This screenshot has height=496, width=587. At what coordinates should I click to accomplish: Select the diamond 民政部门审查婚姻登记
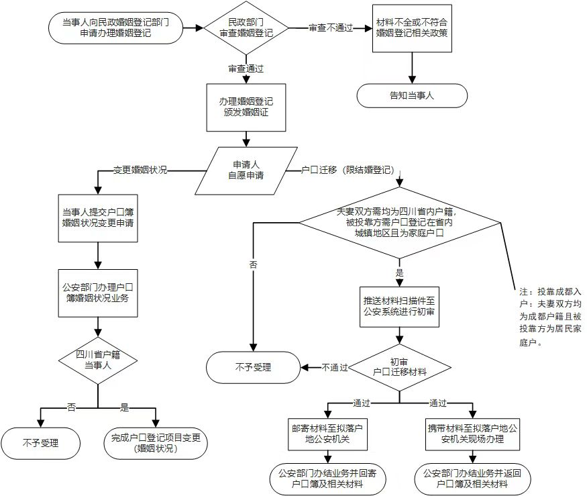pyautogui.click(x=246, y=28)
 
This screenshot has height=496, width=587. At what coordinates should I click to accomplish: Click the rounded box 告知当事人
pyautogui.click(x=411, y=95)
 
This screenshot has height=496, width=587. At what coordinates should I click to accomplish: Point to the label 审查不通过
pyautogui.click(x=330, y=28)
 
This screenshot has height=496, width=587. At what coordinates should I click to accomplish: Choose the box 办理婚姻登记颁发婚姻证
pyautogui.click(x=246, y=107)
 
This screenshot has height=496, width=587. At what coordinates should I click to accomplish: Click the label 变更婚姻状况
pyautogui.click(x=140, y=170)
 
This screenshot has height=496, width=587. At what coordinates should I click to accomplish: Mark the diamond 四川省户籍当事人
pyautogui.click(x=98, y=360)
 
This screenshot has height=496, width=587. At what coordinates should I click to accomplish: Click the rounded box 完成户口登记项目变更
pyautogui.click(x=155, y=443)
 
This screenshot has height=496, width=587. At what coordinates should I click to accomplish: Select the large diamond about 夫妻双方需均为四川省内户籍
pyautogui.click(x=401, y=223)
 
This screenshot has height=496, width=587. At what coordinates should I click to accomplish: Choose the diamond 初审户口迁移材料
pyautogui.click(x=400, y=366)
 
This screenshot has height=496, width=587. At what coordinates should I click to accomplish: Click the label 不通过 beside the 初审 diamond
pyautogui.click(x=334, y=367)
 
